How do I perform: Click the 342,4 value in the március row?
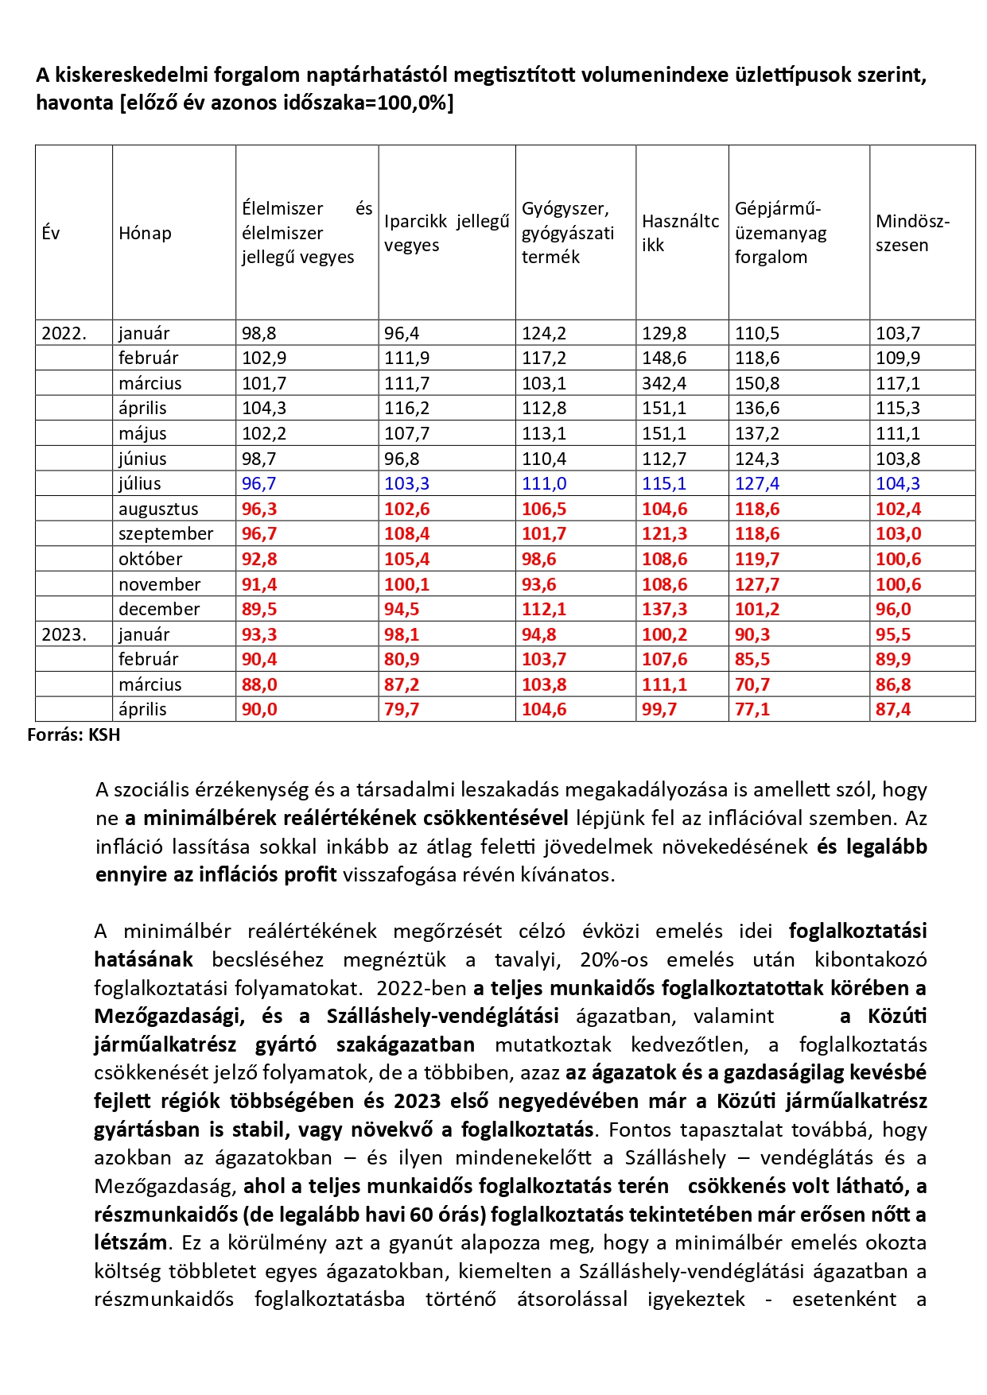[x=665, y=383]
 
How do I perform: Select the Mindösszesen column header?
[x=912, y=233]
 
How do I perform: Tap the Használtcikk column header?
[x=680, y=233]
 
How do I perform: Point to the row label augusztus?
[x=158, y=509]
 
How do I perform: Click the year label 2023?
[x=64, y=634]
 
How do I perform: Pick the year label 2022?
[x=64, y=333]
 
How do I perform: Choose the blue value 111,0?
[x=544, y=483]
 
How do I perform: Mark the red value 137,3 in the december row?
[x=665, y=609]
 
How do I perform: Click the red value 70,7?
[x=752, y=684]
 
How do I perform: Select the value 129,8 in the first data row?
[x=665, y=333]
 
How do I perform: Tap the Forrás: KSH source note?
[x=74, y=734]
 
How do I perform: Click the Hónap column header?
[x=145, y=233]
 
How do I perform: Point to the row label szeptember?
[x=165, y=533]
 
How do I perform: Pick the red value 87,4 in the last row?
[x=893, y=709]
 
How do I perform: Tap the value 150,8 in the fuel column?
[x=757, y=383]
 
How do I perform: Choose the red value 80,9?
[x=402, y=659]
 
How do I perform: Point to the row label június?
[x=142, y=459]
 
